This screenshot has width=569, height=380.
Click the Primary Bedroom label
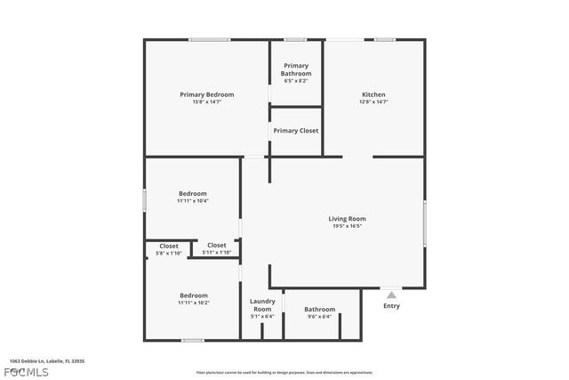click(x=206, y=94)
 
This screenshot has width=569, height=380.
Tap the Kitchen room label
click(x=373, y=94)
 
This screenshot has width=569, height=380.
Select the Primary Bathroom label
click(x=296, y=69)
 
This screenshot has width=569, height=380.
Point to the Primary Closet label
click(x=296, y=131)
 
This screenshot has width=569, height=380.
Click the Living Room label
click(x=347, y=218)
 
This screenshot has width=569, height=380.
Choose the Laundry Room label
click(x=262, y=304)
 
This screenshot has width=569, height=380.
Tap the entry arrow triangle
click(x=391, y=294)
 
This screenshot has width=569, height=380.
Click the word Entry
click(x=391, y=306)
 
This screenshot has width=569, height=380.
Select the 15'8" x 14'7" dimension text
click(x=206, y=102)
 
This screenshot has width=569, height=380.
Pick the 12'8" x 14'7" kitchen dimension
click(x=373, y=102)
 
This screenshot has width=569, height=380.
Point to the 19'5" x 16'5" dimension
click(x=347, y=226)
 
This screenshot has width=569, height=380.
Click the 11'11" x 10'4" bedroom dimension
click(x=192, y=201)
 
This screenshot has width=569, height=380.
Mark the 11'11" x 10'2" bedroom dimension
click(x=194, y=303)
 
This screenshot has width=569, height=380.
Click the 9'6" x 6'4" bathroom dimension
click(x=319, y=317)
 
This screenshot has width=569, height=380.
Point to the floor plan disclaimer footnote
click(x=284, y=373)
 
